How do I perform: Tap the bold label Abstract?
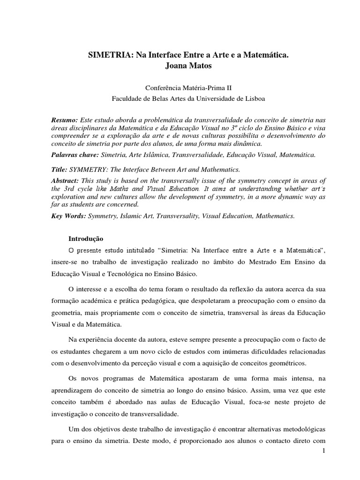coord(66,180)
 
